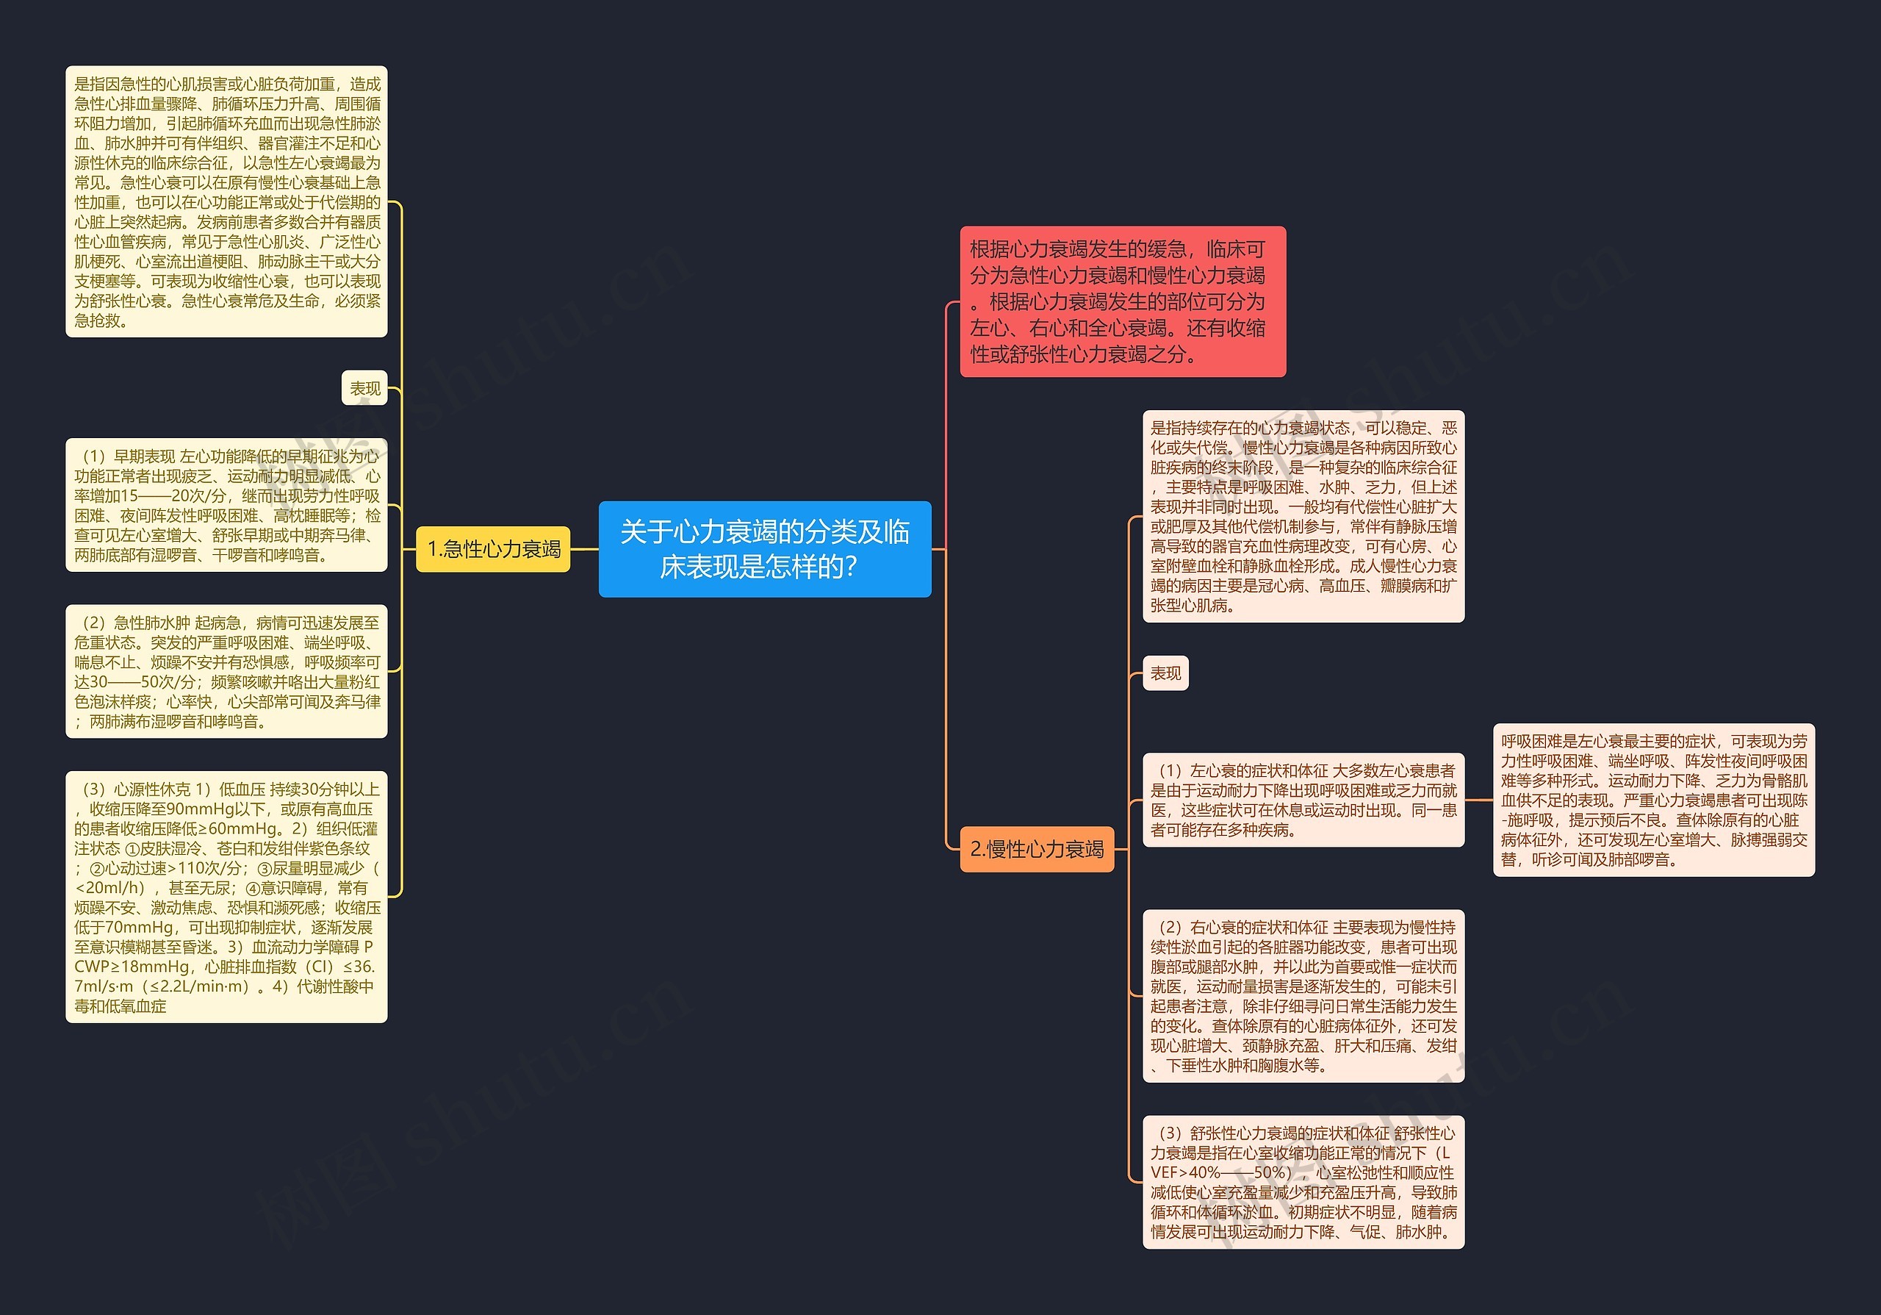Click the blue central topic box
[x=764, y=549]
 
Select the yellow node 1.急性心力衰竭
[x=493, y=549]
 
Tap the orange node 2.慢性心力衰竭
[x=1036, y=849]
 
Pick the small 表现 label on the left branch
[x=364, y=388]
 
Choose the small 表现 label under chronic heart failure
[x=1165, y=673]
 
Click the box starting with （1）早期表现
[x=226, y=505]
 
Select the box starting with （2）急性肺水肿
[x=226, y=672]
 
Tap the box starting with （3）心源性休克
[x=226, y=896]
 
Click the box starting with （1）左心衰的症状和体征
[x=1303, y=800]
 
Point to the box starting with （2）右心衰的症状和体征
[x=1303, y=995]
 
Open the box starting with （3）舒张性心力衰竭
[x=1303, y=1181]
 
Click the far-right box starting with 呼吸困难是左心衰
[x=1653, y=800]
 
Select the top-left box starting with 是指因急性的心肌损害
[x=226, y=201]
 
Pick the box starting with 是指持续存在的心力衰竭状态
[x=1303, y=516]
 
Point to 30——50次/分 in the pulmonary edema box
[x=140, y=681]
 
